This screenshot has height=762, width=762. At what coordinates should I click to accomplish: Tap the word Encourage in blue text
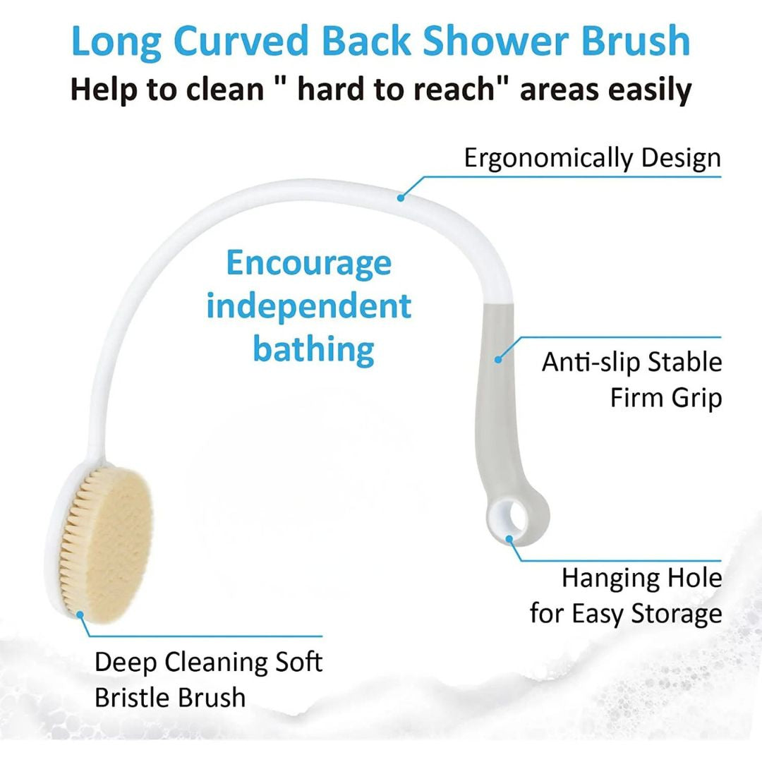coord(308,263)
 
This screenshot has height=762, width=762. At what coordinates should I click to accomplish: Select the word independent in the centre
coord(308,306)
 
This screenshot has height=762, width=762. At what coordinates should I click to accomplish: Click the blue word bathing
coord(313,349)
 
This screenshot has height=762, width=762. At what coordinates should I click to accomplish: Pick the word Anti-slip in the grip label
coord(591,362)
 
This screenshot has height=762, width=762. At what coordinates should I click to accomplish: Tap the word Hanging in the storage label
coord(602,578)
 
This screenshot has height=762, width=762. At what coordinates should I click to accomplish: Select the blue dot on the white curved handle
coord(401,198)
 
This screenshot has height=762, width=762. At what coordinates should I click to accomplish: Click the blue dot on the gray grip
coord(498,359)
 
